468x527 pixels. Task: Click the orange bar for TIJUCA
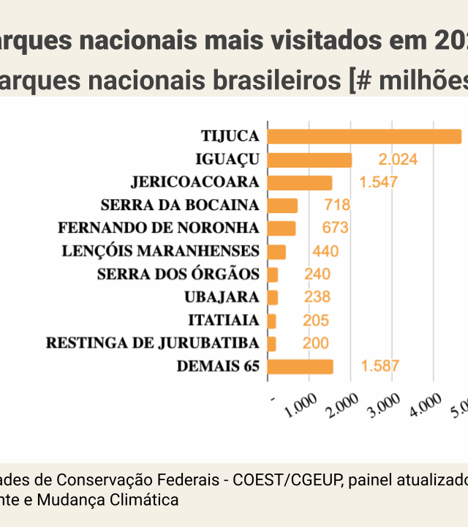point(364,137)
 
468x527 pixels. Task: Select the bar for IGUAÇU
point(309,160)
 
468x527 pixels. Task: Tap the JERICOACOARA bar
point(300,182)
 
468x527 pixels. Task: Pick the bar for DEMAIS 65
point(301,367)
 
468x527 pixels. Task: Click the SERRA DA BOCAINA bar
point(282,205)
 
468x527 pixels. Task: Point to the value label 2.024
point(398,160)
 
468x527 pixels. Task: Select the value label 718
point(336,205)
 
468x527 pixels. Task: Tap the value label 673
point(335,228)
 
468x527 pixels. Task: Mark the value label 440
point(325,252)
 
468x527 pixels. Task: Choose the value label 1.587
point(380,367)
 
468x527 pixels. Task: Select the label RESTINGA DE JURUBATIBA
point(152,343)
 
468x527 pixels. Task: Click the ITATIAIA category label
point(224,321)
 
